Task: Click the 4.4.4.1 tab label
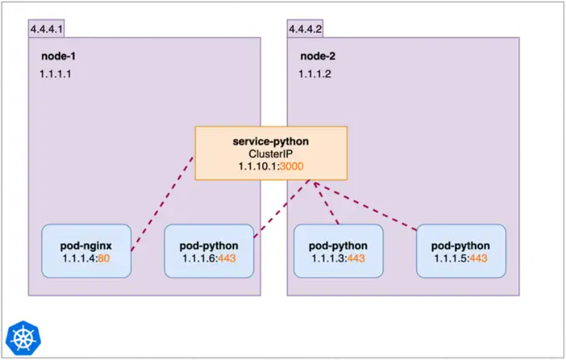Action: pyautogui.click(x=46, y=29)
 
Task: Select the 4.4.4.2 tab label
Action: pyautogui.click(x=305, y=29)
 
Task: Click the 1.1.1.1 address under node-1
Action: pyautogui.click(x=55, y=72)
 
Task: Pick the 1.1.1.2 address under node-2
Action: pyautogui.click(x=315, y=72)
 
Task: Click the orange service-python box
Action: pyautogui.click(x=271, y=153)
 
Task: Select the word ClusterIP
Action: pyautogui.click(x=271, y=154)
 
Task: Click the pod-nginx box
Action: pyautogui.click(x=86, y=251)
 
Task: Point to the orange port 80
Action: pyautogui.click(x=104, y=258)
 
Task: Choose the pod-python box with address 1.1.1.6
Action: pyautogui.click(x=208, y=251)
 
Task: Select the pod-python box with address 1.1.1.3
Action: pyautogui.click(x=338, y=251)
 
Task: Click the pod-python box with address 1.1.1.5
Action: pyautogui.click(x=460, y=251)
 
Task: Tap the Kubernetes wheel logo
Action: pyautogui.click(x=23, y=337)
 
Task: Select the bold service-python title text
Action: pyautogui.click(x=271, y=141)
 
